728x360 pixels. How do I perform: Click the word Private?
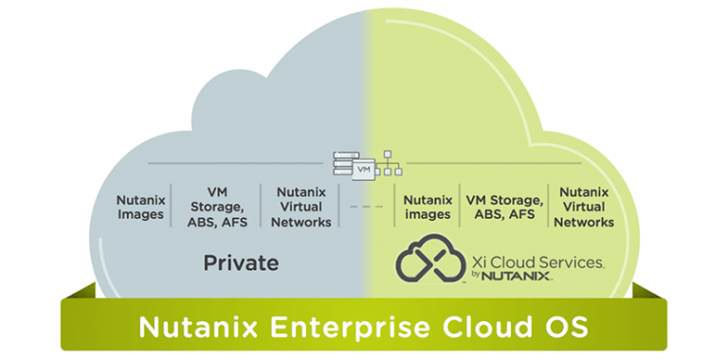click(241, 262)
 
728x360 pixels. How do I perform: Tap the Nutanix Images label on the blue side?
click(140, 207)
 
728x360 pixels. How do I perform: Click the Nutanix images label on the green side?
click(427, 207)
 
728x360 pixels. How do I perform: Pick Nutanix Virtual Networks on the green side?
click(584, 207)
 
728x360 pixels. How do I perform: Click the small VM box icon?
click(363, 169)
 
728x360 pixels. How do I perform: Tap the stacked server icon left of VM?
click(341, 164)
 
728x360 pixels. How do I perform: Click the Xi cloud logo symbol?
click(428, 260)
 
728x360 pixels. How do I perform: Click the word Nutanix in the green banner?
click(192, 327)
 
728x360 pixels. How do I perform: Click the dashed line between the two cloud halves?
click(365, 207)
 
